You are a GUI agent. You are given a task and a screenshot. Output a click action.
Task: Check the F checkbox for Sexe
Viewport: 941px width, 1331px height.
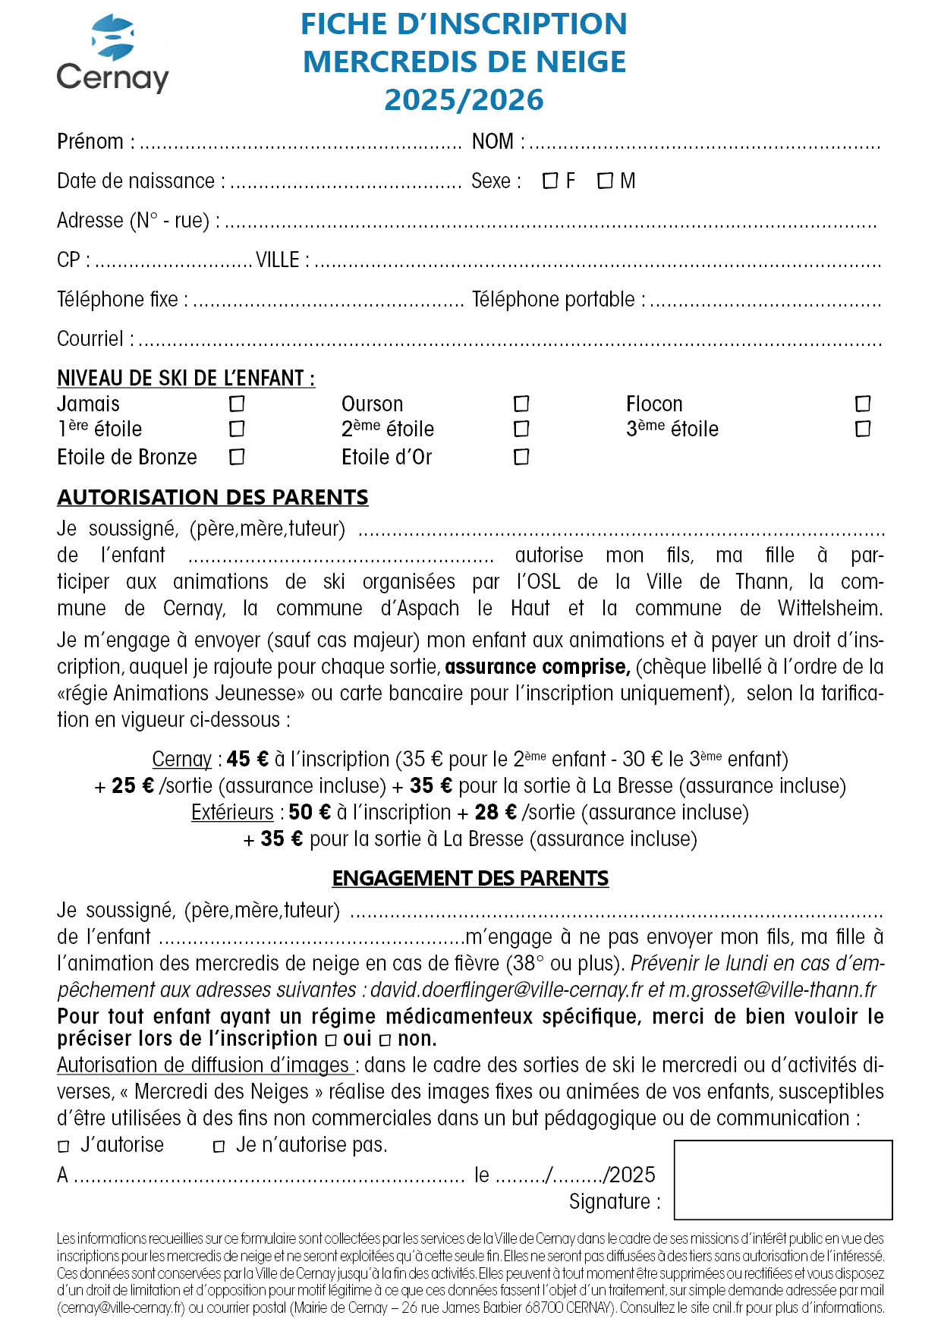[x=550, y=181]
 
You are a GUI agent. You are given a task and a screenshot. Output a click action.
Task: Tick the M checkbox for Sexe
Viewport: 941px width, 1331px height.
[x=605, y=181]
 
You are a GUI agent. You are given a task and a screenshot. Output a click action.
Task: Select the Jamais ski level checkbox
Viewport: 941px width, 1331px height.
[x=237, y=404]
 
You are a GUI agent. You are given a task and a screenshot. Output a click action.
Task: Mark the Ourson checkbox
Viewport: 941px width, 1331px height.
[x=521, y=404]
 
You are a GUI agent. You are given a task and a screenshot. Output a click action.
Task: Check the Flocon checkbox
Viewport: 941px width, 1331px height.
[x=863, y=404]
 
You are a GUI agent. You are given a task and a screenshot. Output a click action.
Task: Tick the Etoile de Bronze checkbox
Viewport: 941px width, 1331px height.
[x=237, y=457]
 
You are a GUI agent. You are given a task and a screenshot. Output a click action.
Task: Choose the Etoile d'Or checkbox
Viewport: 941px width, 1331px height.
[x=521, y=457]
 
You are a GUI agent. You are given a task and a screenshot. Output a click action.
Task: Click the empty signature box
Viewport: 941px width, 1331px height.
[x=782, y=1179]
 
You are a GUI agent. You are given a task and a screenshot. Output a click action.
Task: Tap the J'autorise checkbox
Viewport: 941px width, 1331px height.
[x=64, y=1147]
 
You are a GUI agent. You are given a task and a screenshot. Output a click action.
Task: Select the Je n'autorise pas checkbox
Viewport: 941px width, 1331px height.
[x=219, y=1147]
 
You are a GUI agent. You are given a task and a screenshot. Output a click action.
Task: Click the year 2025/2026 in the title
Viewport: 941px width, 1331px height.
[x=464, y=100]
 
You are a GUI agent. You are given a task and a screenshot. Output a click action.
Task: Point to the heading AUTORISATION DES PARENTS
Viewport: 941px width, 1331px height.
[x=212, y=497]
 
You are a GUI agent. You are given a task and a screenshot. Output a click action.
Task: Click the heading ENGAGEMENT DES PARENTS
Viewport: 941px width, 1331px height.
[x=470, y=878]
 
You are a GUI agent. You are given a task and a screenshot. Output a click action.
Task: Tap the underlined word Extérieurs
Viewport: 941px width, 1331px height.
[x=232, y=812]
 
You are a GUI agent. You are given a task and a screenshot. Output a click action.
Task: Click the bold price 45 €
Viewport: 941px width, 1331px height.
[x=247, y=759]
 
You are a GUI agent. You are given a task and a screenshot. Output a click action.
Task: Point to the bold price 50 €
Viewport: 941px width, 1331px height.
[x=310, y=812]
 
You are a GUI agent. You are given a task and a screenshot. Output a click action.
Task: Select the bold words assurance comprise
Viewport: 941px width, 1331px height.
[x=537, y=667]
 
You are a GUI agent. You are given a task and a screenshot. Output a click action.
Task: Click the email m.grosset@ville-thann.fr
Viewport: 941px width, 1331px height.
[x=773, y=990]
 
